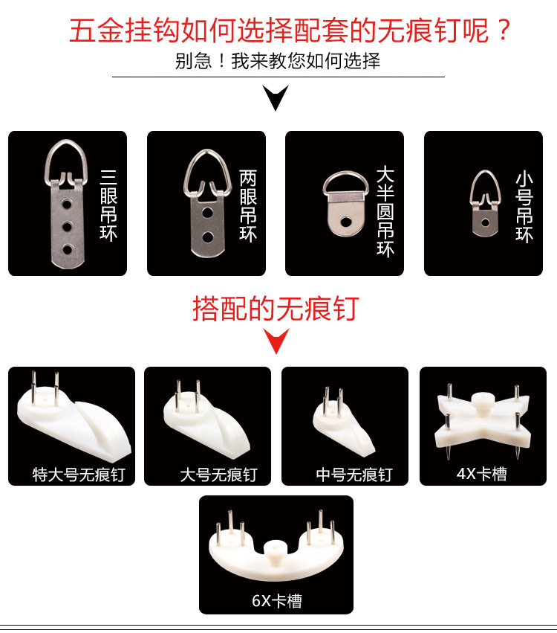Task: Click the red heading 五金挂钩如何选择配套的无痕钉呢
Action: [x=290, y=31]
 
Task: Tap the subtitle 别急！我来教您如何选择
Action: [x=278, y=61]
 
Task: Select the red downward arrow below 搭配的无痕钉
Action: [x=278, y=341]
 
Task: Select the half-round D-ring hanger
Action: [x=345, y=202]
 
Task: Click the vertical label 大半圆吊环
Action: [x=385, y=211]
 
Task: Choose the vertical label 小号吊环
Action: [x=524, y=208]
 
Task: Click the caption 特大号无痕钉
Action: [x=79, y=474]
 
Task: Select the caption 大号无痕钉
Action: [x=218, y=474]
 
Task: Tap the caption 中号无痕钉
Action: [x=354, y=474]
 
